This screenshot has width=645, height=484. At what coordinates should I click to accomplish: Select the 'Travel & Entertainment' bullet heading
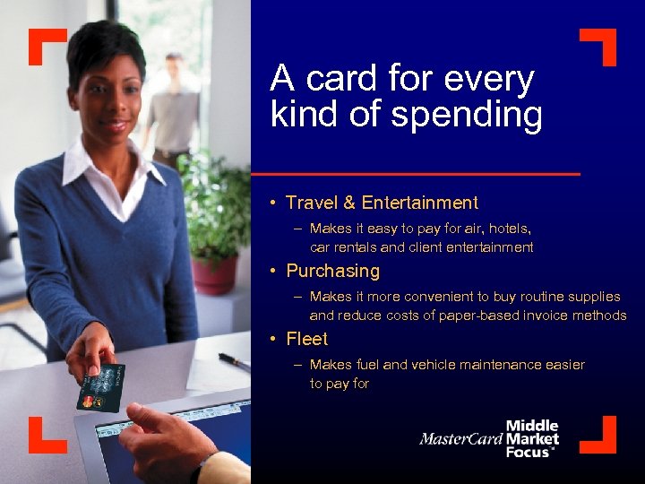[382, 203]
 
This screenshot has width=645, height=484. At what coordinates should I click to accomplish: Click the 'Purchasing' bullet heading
[332, 271]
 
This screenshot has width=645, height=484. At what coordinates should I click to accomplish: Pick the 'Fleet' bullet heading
[306, 339]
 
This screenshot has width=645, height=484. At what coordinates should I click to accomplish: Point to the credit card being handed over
[101, 387]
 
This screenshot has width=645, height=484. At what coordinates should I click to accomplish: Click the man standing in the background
[174, 108]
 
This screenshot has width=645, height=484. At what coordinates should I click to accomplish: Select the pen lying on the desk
[235, 361]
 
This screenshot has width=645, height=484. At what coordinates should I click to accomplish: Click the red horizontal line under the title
[416, 172]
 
